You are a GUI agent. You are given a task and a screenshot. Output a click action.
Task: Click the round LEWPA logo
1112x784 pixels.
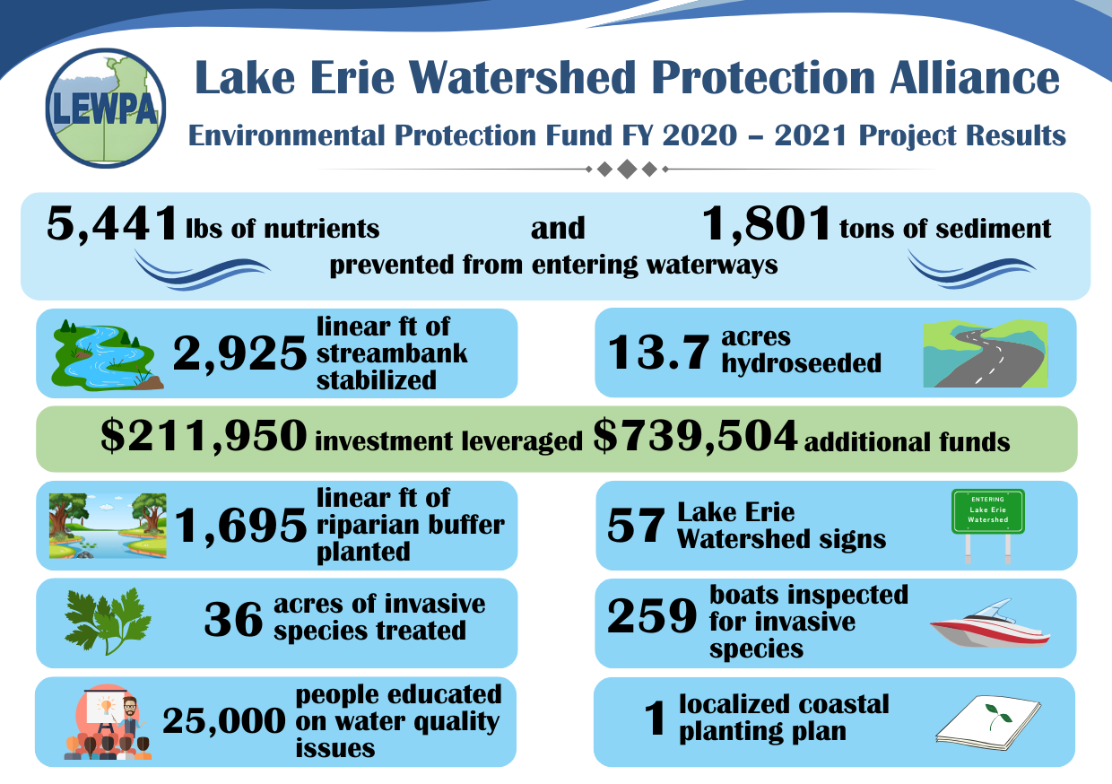(x=105, y=108)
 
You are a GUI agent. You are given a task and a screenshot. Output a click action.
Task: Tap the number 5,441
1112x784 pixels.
(x=112, y=224)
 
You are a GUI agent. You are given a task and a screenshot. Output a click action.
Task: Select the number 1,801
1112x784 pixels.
(x=766, y=224)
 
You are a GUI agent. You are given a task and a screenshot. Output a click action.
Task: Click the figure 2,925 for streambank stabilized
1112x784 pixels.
(x=239, y=353)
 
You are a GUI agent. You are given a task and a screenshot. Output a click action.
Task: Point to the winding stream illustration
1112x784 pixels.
(x=108, y=354)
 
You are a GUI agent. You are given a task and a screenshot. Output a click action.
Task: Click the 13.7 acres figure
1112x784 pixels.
(x=658, y=352)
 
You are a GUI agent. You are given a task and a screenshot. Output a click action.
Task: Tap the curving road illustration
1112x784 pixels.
(x=985, y=353)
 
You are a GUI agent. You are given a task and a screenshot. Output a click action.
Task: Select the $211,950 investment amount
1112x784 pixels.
(x=204, y=436)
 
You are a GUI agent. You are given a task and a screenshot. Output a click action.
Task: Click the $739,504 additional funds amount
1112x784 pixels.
(x=695, y=436)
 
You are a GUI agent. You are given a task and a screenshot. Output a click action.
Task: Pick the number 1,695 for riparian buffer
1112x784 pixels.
(x=240, y=526)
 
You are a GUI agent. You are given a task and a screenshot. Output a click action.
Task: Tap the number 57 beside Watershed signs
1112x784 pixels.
(x=636, y=526)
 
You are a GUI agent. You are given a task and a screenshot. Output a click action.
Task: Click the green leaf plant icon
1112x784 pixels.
(x=108, y=621)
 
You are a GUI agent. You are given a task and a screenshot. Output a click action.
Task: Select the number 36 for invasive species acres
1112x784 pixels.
(x=233, y=619)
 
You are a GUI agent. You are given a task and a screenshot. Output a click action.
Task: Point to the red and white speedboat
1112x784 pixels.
(x=990, y=623)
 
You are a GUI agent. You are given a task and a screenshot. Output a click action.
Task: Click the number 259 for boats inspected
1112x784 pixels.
(x=652, y=615)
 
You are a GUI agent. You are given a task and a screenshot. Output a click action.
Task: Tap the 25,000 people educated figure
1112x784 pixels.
(x=224, y=721)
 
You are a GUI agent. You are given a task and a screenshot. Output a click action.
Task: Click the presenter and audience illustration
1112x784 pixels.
(x=108, y=722)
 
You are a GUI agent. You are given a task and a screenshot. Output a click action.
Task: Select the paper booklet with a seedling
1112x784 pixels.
(x=988, y=722)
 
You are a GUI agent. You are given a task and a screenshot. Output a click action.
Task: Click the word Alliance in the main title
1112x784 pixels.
(x=975, y=77)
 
